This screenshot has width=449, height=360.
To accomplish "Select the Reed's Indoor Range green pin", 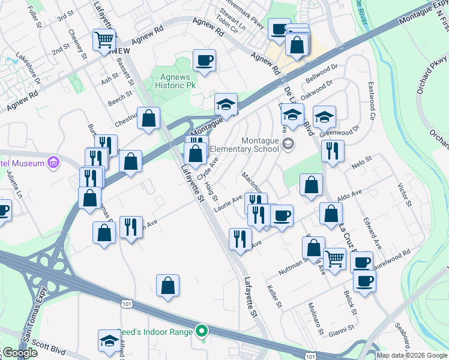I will tap(202, 331).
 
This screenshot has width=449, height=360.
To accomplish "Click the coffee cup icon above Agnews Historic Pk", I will tap(204, 60).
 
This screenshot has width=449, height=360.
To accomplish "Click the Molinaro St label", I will tap(316, 322).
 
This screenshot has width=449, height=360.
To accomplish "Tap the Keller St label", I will tap(275, 296).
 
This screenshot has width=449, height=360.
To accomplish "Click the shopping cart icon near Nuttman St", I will tap(334, 259).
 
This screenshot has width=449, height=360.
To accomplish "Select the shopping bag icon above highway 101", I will tap(168, 286).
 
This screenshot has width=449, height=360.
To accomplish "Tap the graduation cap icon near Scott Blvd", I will tap(109, 341).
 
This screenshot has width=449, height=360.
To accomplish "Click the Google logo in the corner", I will tap(19, 353).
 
